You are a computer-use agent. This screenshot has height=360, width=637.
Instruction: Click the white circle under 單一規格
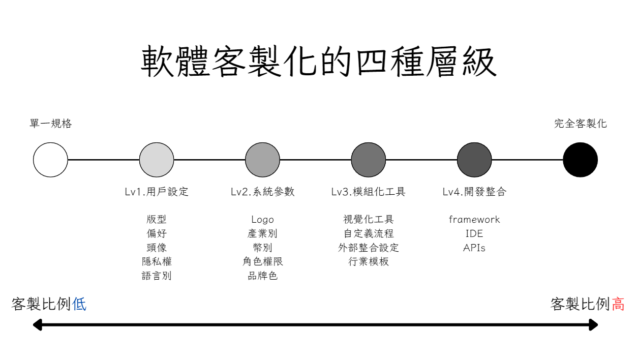point(50,160)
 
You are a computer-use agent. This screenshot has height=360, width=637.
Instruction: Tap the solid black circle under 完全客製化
point(580,160)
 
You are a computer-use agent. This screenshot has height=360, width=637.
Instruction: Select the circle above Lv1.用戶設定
point(157,160)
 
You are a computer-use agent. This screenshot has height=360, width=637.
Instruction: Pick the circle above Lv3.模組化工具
point(369,160)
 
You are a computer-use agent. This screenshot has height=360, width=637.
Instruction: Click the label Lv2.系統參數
point(262,192)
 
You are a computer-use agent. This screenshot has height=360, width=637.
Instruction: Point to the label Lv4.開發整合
point(474,192)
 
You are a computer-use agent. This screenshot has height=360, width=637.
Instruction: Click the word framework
point(474,220)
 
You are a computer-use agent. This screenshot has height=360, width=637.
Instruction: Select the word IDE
point(474,234)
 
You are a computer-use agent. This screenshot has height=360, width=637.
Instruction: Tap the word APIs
point(474,248)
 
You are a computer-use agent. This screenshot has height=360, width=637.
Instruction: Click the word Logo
point(262,220)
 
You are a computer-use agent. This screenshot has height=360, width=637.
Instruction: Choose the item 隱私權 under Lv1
point(157,262)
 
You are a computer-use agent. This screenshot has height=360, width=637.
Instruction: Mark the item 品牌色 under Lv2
point(262,276)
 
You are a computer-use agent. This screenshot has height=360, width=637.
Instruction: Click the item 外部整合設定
point(369,248)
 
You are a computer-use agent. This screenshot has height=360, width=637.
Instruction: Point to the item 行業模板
point(369,262)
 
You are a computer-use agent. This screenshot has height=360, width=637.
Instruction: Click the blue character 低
point(79,305)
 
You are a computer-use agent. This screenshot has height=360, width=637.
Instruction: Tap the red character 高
point(618,305)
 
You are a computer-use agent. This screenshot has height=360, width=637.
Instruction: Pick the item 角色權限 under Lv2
point(262,262)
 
